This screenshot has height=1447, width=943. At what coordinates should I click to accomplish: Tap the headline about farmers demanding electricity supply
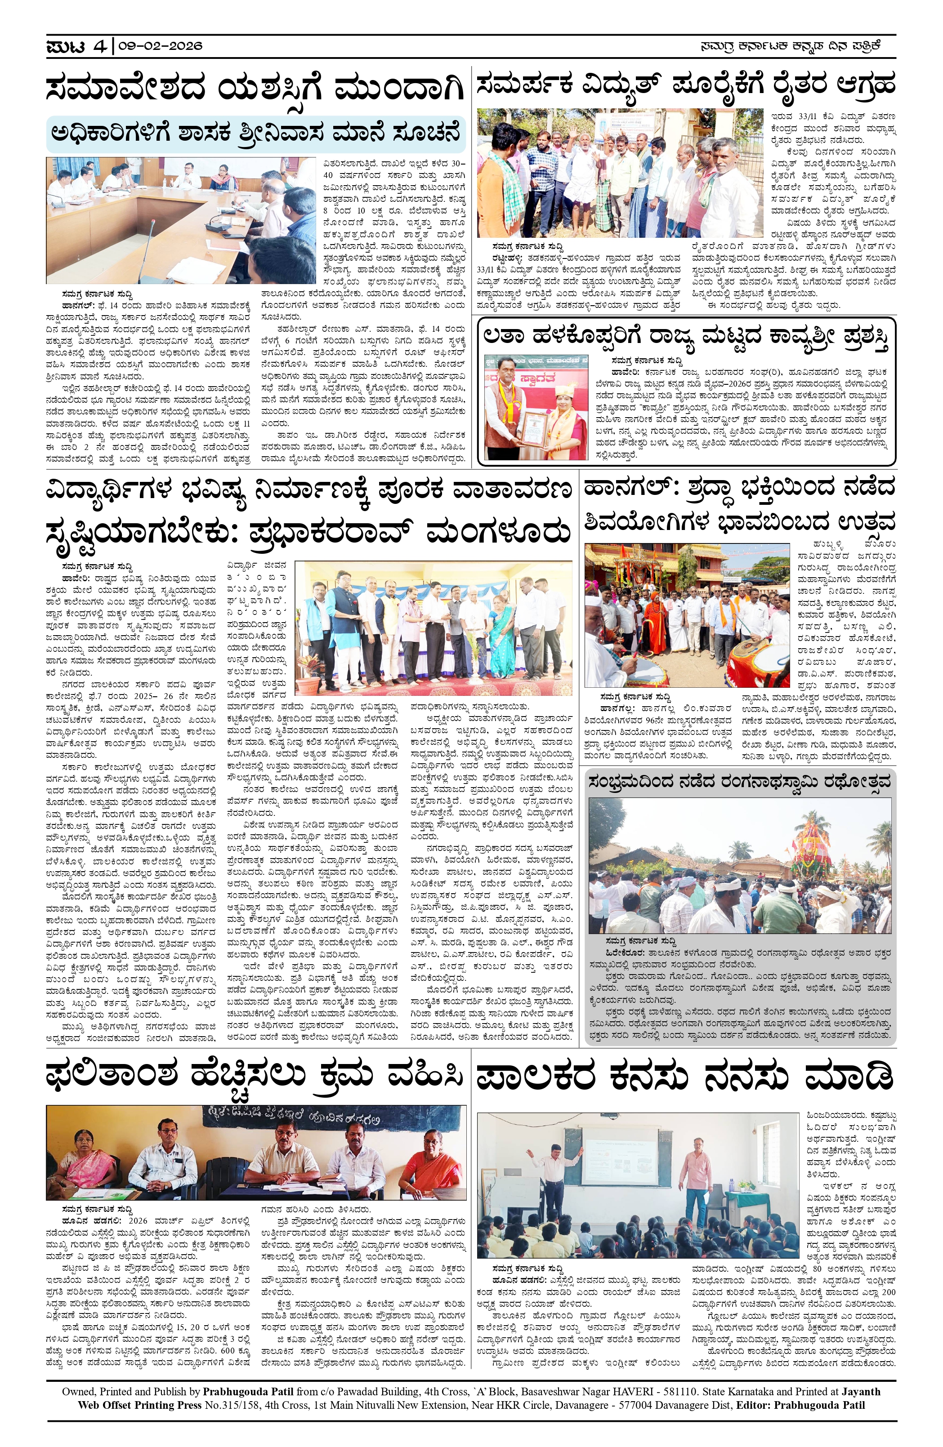pyautogui.click(x=686, y=84)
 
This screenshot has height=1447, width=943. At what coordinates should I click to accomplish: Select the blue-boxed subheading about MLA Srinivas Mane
pyautogui.click(x=255, y=133)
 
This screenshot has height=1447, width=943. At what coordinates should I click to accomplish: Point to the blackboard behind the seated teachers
pyautogui.click(x=255, y=1118)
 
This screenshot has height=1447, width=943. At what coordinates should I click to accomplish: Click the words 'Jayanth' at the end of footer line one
pyautogui.click(x=858, y=1392)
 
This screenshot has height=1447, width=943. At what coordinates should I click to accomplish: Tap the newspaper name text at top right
pyautogui.click(x=790, y=45)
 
